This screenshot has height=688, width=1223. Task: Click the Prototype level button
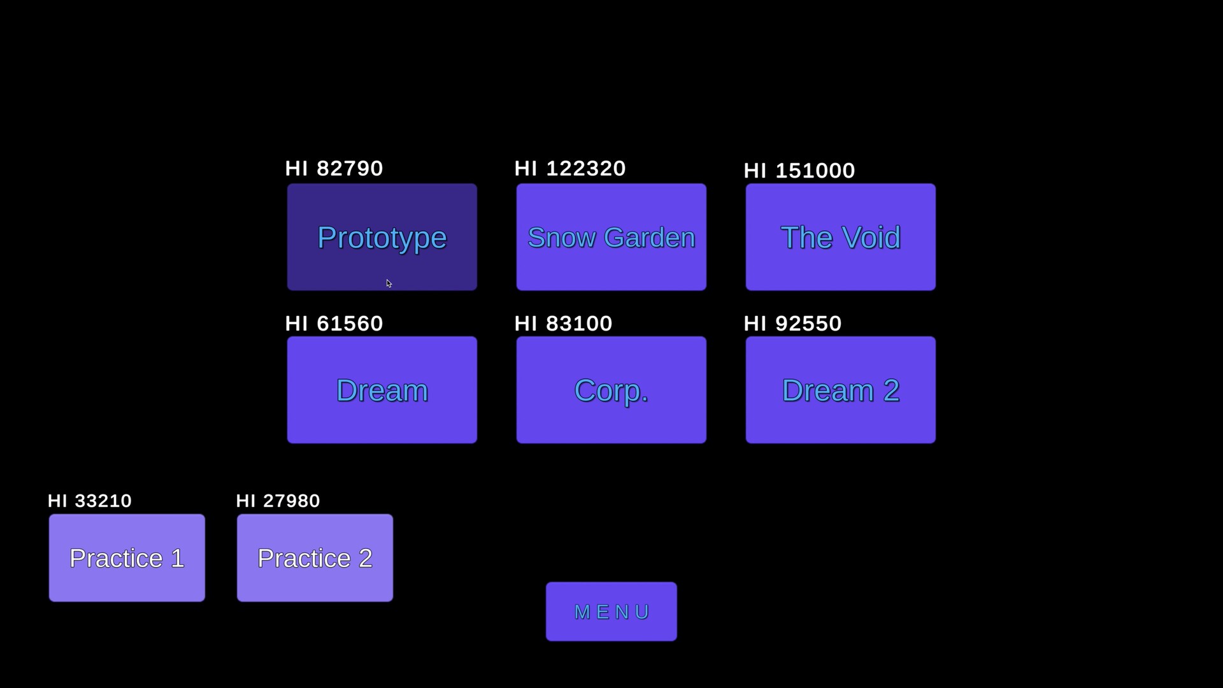(x=382, y=237)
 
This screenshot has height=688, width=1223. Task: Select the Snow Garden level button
(x=611, y=237)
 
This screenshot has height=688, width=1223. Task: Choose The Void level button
(x=840, y=237)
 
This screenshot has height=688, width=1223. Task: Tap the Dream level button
(x=382, y=390)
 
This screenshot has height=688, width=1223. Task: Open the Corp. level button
(x=611, y=390)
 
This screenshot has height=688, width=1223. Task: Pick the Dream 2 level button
(x=840, y=390)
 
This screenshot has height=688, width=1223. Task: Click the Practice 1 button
(x=127, y=558)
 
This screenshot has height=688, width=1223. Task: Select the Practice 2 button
(x=315, y=558)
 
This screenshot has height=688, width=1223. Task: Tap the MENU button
(x=611, y=612)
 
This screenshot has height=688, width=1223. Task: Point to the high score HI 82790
(x=334, y=169)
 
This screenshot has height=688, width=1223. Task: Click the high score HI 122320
(x=569, y=169)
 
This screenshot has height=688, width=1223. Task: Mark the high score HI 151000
(x=799, y=171)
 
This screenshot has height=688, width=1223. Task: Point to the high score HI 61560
(x=334, y=324)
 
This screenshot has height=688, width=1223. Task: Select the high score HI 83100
(x=563, y=324)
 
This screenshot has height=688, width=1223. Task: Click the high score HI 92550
(x=792, y=324)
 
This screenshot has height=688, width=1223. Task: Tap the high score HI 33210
(x=90, y=501)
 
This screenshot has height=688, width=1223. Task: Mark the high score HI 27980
(x=278, y=501)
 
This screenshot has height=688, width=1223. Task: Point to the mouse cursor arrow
(x=389, y=283)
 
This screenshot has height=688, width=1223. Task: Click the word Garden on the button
(x=649, y=238)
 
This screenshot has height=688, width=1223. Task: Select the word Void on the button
(x=871, y=238)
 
